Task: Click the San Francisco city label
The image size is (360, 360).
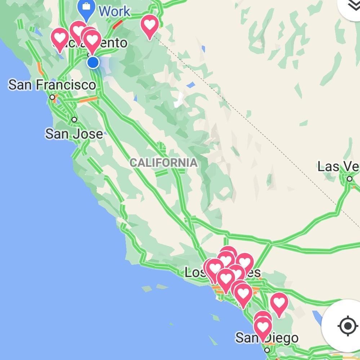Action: coord(52,85)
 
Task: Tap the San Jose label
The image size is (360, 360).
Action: coord(74,134)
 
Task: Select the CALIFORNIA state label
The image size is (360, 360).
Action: coord(164,163)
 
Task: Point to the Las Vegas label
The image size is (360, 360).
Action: coord(338,166)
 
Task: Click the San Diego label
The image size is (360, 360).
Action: coord(267,338)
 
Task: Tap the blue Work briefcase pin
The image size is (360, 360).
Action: coord(86,9)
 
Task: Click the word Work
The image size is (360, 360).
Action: coord(115,11)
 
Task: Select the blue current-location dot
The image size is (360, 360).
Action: coord(93,62)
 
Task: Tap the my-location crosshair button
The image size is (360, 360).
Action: coord(347,326)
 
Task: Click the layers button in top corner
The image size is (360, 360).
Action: coord(351,5)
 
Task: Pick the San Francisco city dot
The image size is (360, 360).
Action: coord(53,97)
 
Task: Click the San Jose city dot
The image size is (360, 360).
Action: coord(74,119)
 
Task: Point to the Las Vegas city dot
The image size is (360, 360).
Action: coord(349,179)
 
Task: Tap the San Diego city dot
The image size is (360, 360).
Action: coord(267,350)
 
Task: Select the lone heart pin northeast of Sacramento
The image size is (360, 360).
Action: coord(150,25)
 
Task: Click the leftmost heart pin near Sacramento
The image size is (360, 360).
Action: coord(60,38)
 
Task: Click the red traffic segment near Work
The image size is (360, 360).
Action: coord(117,25)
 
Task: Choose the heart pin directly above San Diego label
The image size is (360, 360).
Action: coord(263,326)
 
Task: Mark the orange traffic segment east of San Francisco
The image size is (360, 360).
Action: coord(88,99)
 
